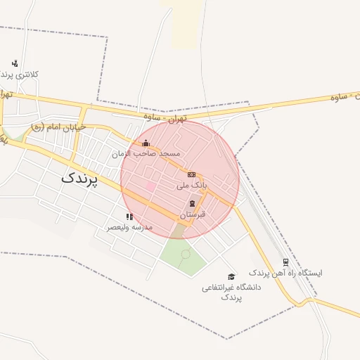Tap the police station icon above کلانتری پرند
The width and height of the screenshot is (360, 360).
click(x=15, y=63)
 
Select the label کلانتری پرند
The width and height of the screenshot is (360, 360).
click(x=22, y=74)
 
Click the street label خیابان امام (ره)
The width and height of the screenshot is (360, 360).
click(x=58, y=127)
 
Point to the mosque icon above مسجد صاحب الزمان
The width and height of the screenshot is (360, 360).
click(x=146, y=143)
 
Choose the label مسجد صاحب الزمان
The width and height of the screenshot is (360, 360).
click(x=146, y=153)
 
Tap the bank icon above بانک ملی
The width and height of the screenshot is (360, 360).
click(x=191, y=174)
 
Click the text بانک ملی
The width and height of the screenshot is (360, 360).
click(x=191, y=185)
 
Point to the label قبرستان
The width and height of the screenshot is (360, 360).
click(x=192, y=213)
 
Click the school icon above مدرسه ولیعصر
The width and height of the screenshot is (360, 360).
click(x=129, y=217)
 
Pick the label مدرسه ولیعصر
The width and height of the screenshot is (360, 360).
click(x=129, y=227)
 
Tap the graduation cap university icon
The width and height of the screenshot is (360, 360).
click(x=231, y=276)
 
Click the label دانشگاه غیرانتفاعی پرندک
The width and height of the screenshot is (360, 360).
click(x=231, y=292)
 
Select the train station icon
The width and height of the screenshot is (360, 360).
click(x=285, y=262)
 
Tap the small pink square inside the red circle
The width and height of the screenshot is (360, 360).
click(x=150, y=186)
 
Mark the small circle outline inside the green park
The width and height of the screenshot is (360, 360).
click(x=186, y=254)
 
